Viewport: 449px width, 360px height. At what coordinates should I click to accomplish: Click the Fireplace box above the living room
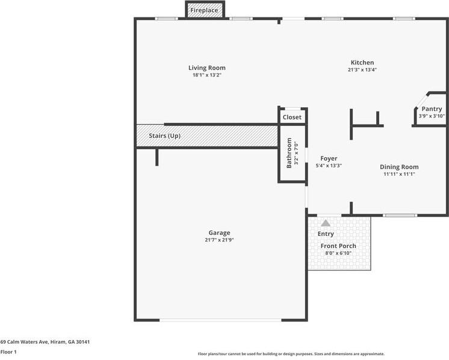click(x=205, y=10)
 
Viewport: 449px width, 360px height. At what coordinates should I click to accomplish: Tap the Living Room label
click(x=206, y=68)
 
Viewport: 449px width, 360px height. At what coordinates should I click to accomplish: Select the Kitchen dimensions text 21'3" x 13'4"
click(x=362, y=70)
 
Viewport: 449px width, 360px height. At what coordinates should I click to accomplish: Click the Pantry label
click(x=432, y=109)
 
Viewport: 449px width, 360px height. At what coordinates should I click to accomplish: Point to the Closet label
click(x=292, y=117)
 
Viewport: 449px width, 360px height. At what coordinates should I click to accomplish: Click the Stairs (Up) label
click(x=165, y=136)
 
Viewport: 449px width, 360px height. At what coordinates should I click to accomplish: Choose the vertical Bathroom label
click(x=289, y=153)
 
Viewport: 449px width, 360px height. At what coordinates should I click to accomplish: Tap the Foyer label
click(x=329, y=158)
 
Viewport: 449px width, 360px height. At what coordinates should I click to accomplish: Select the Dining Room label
click(x=399, y=167)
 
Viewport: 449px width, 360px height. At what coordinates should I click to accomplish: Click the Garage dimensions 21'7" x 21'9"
click(x=219, y=240)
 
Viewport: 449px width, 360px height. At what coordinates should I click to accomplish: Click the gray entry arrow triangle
click(x=326, y=223)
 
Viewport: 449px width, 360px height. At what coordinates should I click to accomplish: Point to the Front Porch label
click(x=338, y=246)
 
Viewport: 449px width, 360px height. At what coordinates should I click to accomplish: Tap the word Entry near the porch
click(x=326, y=234)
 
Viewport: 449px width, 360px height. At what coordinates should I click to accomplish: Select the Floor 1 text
click(x=8, y=352)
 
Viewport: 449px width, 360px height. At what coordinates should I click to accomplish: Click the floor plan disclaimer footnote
click(x=291, y=354)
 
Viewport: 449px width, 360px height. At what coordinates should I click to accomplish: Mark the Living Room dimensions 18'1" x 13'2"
click(x=206, y=75)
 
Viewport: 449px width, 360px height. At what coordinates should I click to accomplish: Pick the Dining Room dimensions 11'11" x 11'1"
click(x=399, y=174)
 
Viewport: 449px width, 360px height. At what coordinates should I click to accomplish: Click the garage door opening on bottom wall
click(x=220, y=320)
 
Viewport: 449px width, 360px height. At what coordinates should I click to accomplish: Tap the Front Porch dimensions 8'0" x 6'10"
click(x=338, y=253)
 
